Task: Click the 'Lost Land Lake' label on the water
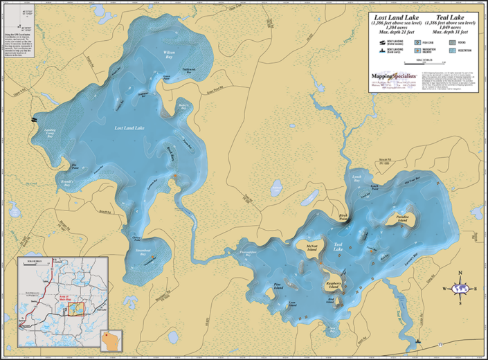click(x=129, y=128)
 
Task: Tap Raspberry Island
click(x=332, y=286)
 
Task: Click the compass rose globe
click(x=460, y=289)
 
